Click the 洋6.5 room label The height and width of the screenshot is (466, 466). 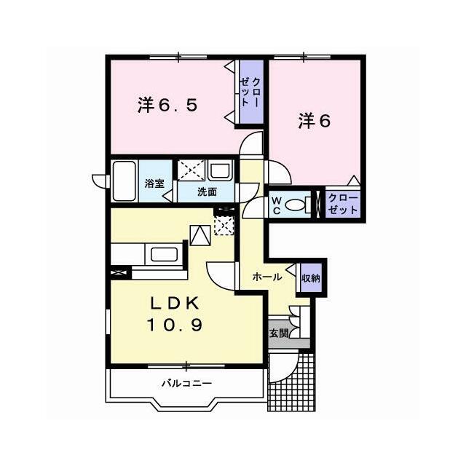[x=167, y=105]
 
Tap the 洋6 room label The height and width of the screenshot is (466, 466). [x=315, y=121]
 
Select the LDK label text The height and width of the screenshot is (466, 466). [x=175, y=303]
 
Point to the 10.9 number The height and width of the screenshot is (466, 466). [x=175, y=325]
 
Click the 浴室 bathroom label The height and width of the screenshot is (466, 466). [x=154, y=183]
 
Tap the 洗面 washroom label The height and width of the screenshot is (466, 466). [x=207, y=192]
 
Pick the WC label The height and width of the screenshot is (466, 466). [x=277, y=205]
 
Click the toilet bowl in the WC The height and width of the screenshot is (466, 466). [x=295, y=205]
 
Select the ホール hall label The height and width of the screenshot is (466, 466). [x=266, y=277]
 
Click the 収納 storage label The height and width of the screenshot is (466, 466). [x=311, y=278]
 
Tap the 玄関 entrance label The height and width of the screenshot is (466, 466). [x=279, y=333]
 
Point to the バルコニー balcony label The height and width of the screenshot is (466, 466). [x=186, y=383]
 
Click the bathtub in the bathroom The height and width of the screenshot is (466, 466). [x=125, y=181]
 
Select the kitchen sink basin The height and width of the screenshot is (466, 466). [x=164, y=254]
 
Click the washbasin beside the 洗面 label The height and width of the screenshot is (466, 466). [x=220, y=170]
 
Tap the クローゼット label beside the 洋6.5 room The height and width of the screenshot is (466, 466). [x=250, y=92]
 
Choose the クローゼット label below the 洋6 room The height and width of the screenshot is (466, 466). [x=343, y=204]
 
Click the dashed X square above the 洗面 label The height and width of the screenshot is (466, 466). [x=191, y=170]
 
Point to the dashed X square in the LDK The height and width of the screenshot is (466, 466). [x=224, y=225]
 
